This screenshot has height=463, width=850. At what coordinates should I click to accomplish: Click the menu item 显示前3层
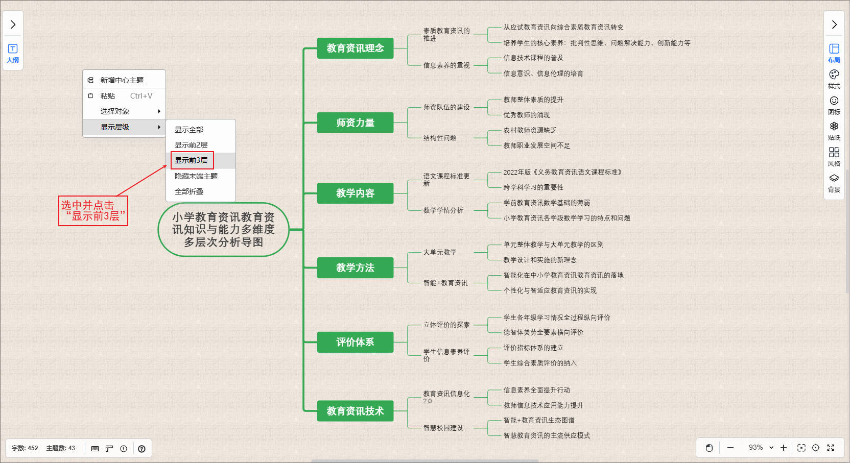click(192, 160)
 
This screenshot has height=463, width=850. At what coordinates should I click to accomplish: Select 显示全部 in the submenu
click(189, 130)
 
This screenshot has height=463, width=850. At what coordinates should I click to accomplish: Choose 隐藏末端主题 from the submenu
click(196, 176)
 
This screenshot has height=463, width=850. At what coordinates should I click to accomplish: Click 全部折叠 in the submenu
click(189, 191)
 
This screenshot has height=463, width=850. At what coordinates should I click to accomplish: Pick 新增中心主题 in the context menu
click(122, 80)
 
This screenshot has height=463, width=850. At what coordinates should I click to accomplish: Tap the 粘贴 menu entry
click(108, 96)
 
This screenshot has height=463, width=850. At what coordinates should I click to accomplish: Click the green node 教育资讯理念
click(355, 48)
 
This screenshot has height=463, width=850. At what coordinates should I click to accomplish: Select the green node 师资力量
click(355, 123)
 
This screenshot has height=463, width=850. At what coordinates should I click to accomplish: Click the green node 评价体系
click(355, 342)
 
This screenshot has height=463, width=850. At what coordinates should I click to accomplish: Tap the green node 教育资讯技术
click(355, 411)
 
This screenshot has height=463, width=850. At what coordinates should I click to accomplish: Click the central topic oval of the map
click(223, 230)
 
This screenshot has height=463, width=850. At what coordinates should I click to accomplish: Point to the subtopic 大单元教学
click(440, 252)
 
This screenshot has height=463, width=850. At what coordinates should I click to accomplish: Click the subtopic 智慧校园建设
click(443, 428)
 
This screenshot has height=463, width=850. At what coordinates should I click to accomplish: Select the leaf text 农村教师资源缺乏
click(530, 130)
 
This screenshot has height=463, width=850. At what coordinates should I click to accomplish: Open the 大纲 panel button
click(13, 53)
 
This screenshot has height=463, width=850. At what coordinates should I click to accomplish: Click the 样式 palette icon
click(834, 78)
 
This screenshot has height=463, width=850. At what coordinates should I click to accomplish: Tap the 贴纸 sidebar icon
click(834, 130)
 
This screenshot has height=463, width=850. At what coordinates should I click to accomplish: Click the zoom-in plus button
click(784, 448)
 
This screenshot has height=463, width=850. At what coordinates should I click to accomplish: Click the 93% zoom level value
click(755, 448)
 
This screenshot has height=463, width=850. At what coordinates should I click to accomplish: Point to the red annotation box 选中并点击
click(93, 211)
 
